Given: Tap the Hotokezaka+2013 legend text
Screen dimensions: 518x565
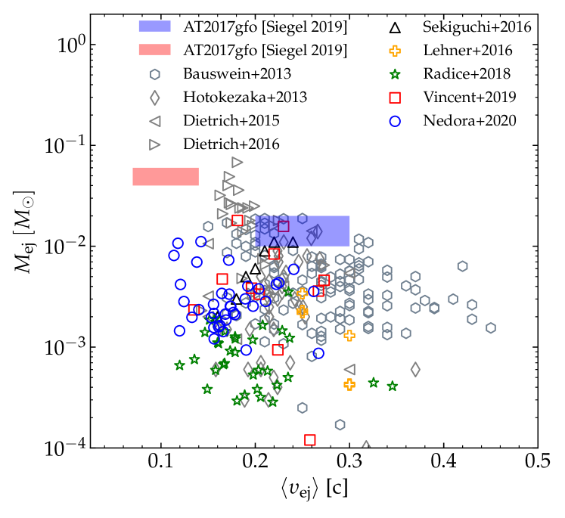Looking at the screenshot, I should click(x=238, y=97).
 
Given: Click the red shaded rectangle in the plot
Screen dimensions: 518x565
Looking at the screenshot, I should click(x=166, y=176).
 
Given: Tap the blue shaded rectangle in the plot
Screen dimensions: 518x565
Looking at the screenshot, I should click(x=303, y=231).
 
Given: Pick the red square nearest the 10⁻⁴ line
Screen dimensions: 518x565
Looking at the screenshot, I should click(x=309, y=440).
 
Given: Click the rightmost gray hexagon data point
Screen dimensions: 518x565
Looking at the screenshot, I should click(x=491, y=327).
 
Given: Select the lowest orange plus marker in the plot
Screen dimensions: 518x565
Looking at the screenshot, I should click(x=349, y=384).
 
